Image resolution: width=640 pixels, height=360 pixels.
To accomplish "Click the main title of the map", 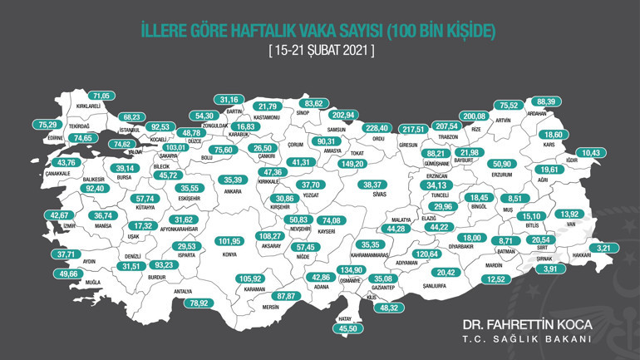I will pyautogui.click(x=319, y=32).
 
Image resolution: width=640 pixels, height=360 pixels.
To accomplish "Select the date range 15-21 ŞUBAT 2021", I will pyautogui.click(x=320, y=51).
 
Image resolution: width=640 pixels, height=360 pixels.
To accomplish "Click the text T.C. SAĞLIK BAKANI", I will pyautogui.click(x=526, y=339).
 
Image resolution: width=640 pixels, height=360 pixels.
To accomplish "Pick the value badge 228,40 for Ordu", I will pyautogui.click(x=377, y=128).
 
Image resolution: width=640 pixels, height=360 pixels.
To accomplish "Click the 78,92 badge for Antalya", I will pyautogui.click(x=198, y=303).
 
